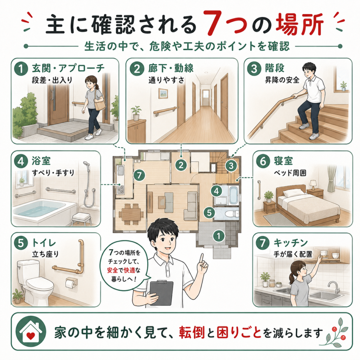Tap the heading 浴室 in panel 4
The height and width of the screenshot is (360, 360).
(x=41, y=161)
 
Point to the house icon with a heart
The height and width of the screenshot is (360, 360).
(x=31, y=332)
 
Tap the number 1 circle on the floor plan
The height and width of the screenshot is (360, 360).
(x=218, y=236)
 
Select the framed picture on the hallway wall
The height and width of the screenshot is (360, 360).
(x=163, y=93)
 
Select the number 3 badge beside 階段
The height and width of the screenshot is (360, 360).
(x=254, y=69)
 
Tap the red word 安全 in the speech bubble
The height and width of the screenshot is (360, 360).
(x=112, y=270)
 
